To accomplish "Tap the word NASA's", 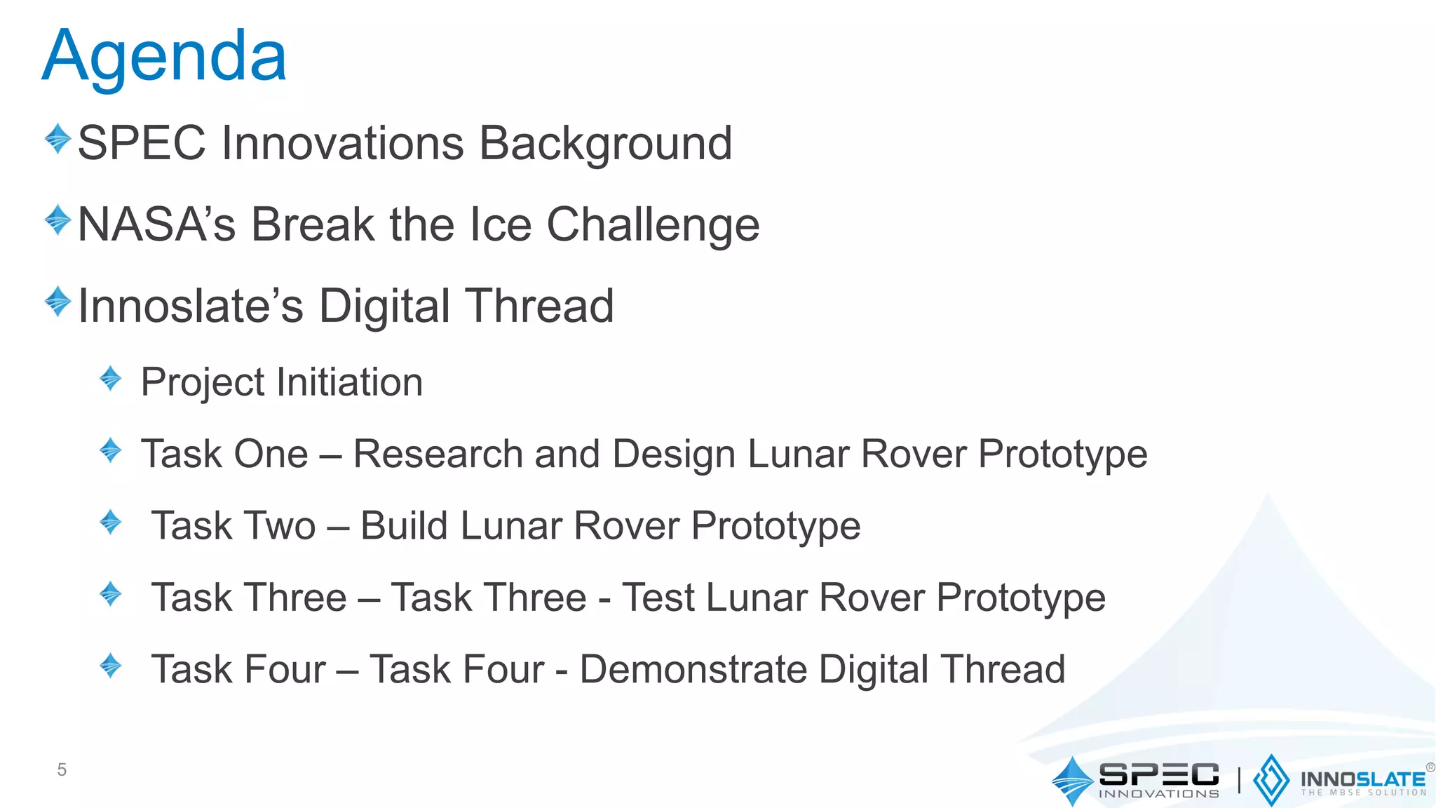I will click(x=156, y=225).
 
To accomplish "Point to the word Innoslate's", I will click(x=190, y=307).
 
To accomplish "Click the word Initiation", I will click(x=349, y=382).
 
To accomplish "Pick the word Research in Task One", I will click(x=438, y=454).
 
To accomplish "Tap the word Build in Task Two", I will click(x=404, y=526).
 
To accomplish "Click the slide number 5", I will click(x=62, y=770).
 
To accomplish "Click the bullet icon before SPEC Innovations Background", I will click(x=57, y=139).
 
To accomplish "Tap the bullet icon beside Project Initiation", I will click(x=111, y=379).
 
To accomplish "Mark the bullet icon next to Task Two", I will click(x=111, y=523).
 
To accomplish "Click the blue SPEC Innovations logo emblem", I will click(x=1072, y=781).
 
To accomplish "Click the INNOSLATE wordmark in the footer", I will click(x=1362, y=779).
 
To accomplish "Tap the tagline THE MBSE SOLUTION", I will click(x=1364, y=793).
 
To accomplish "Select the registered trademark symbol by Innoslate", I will click(x=1430, y=767).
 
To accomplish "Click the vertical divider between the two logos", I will click(x=1239, y=781).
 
